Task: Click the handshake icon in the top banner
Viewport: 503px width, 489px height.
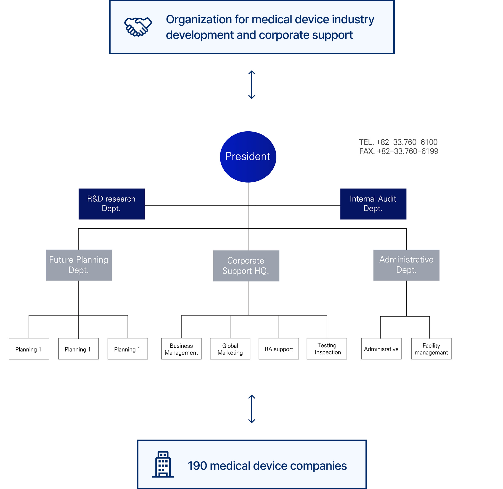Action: pyautogui.click(x=138, y=27)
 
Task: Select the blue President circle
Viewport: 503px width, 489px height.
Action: pyautogui.click(x=248, y=157)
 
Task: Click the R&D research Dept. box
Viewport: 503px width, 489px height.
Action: pyautogui.click(x=111, y=204)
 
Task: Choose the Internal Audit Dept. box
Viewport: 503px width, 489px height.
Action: pyautogui.click(x=373, y=204)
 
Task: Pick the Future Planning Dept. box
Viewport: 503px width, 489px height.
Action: pyautogui.click(x=79, y=265)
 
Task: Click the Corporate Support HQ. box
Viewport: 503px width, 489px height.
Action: pyautogui.click(x=246, y=266)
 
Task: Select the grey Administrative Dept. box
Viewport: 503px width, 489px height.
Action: pyautogui.click(x=406, y=265)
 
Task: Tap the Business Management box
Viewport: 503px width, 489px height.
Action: pyautogui.click(x=181, y=349)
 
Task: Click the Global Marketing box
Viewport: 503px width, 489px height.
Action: pyautogui.click(x=230, y=349)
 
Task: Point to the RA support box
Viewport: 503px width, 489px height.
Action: pyautogui.click(x=279, y=349)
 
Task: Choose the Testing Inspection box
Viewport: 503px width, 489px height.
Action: pyautogui.click(x=327, y=349)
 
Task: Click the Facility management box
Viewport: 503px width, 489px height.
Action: pyautogui.click(x=431, y=349)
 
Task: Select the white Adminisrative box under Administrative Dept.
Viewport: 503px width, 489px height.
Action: pyautogui.click(x=381, y=349)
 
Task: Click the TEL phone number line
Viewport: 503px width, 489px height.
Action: pyautogui.click(x=398, y=142)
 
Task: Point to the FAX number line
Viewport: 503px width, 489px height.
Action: pyautogui.click(x=399, y=151)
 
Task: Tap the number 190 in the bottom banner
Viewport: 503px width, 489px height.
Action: pyautogui.click(x=197, y=466)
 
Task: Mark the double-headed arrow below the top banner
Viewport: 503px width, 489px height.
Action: pyautogui.click(x=252, y=85)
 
